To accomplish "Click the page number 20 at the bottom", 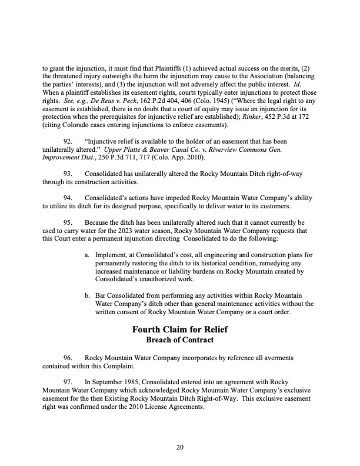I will pos(180,448).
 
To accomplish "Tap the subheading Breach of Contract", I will pos(180,340).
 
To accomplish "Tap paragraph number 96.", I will pos(67,358).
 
